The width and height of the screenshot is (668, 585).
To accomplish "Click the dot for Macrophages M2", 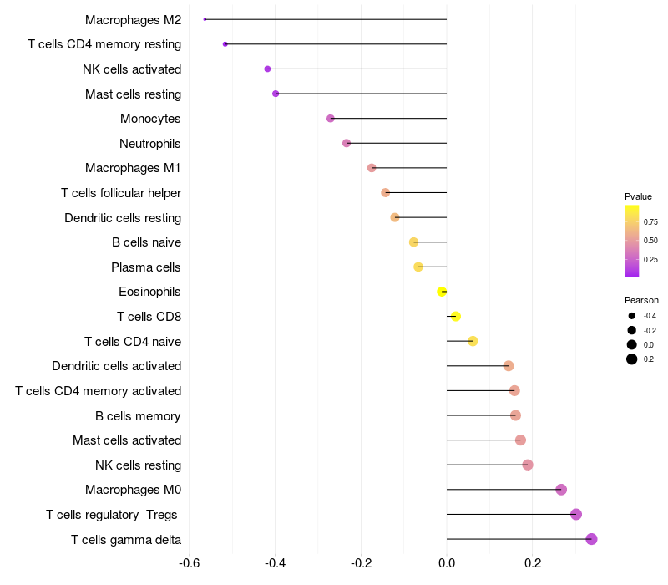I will [205, 19].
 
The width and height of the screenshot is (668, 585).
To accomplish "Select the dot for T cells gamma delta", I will [591, 539].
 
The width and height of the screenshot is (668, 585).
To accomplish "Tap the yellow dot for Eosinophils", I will [442, 292].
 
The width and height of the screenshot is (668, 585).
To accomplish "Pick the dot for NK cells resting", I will [527, 465].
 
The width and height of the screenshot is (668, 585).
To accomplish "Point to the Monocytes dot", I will [331, 119].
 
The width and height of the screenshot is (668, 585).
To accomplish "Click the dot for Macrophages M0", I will [561, 490].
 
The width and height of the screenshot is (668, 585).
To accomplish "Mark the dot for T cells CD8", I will [455, 317].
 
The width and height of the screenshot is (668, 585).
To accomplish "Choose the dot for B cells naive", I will [413, 242].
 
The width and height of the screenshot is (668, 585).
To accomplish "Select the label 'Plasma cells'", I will [146, 267].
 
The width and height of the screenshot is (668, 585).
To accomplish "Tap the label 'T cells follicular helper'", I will [121, 193].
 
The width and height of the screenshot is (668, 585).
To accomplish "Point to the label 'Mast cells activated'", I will [127, 440].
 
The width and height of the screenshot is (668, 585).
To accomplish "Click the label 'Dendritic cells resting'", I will [123, 218].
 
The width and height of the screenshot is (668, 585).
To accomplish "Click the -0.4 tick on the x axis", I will [276, 563].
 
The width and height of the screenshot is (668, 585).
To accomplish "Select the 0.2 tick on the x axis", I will [533, 563].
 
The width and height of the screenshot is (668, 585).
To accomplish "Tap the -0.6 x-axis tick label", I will [190, 563].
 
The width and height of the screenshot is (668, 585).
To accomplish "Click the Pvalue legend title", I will [638, 196].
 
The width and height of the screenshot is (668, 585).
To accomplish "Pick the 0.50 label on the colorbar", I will [650, 241].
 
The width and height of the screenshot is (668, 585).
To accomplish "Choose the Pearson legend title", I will [641, 300].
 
